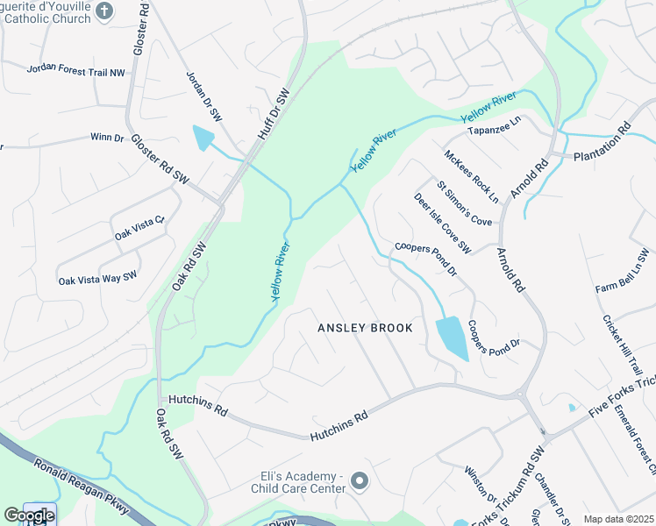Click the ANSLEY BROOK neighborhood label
[364, 328]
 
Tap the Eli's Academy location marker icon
[359, 480]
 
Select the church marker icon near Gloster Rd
[103, 11]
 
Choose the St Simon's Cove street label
[465, 205]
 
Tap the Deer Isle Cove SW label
[442, 224]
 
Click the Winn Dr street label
[107, 137]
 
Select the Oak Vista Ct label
[139, 229]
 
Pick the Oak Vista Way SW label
[98, 278]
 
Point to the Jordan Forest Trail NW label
[76, 70]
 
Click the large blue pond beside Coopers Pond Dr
[451, 338]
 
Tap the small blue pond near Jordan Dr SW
[203, 137]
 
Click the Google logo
[28, 515]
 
